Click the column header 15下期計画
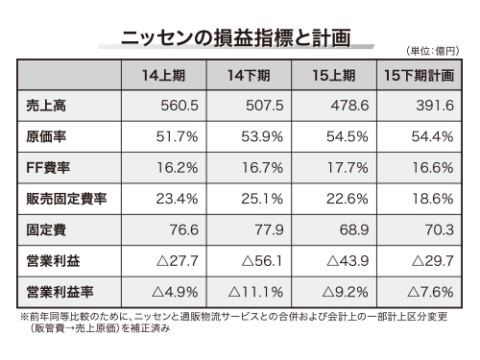tap(420, 75)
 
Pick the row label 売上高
tap(41, 107)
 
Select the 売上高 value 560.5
tap(176, 107)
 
